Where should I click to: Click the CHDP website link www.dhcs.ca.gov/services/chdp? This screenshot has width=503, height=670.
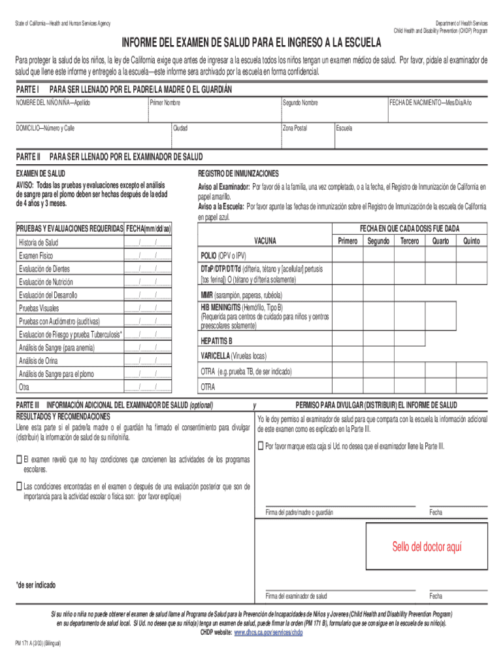pyautogui.click(x=268, y=633)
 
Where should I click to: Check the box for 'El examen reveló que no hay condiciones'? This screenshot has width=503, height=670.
pyautogui.click(x=19, y=460)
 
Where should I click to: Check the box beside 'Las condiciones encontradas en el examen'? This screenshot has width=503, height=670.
pyautogui.click(x=19, y=486)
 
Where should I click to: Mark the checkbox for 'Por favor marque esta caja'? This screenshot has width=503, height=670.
pyautogui.click(x=261, y=446)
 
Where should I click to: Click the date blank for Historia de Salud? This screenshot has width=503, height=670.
pyautogui.click(x=148, y=243)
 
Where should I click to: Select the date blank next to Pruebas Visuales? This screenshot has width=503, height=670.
pyautogui.click(x=148, y=308)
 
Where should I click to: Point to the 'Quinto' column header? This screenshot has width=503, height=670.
pyautogui.click(x=471, y=241)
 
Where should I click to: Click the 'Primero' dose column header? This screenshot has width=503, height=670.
pyautogui.click(x=348, y=241)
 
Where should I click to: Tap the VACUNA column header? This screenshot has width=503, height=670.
pyautogui.click(x=265, y=241)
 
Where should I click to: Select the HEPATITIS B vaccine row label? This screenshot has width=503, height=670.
pyautogui.click(x=216, y=341)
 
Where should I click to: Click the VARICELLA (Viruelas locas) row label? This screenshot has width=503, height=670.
pyautogui.click(x=233, y=356)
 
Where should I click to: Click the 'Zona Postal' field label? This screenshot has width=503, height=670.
pyautogui.click(x=295, y=128)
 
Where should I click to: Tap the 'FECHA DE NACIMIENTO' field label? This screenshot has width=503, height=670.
pyautogui.click(x=430, y=103)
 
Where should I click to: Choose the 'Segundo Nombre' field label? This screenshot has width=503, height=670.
pyautogui.click(x=300, y=103)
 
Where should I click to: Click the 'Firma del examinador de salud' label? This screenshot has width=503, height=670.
pyautogui.click(x=296, y=596)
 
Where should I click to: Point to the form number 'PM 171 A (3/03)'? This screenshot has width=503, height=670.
pyautogui.click(x=38, y=643)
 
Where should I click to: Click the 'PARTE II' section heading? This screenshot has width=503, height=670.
pyautogui.click(x=28, y=157)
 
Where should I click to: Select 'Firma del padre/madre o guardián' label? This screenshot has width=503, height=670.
pyautogui.click(x=299, y=512)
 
